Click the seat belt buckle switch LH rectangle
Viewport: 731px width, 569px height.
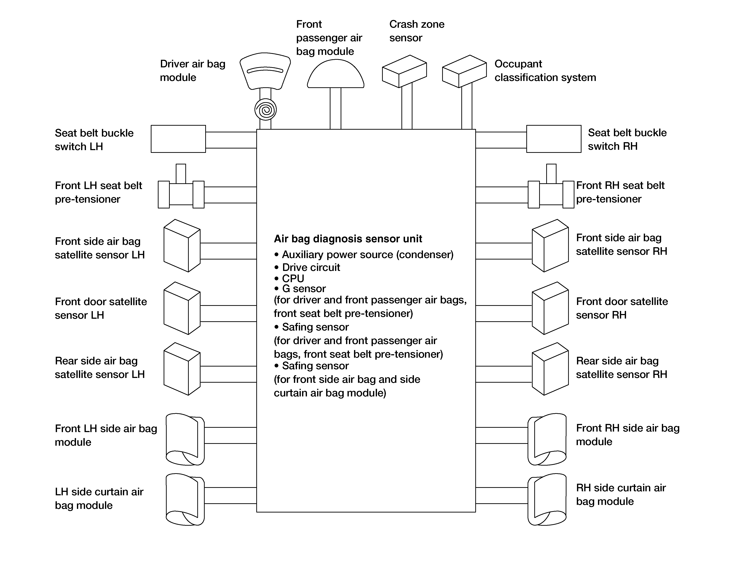coord(178,139)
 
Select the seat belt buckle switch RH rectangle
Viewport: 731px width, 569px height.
coord(554,139)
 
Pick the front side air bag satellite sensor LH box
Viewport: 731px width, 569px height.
coord(182,246)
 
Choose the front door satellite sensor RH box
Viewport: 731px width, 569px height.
coord(550,308)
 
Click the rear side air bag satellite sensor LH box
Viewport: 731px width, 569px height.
coord(182,369)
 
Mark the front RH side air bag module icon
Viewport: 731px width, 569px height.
coord(547,439)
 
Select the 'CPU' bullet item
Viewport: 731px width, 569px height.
coord(289,278)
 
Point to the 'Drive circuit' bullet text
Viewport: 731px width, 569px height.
coord(307,267)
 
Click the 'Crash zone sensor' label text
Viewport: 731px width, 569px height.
coord(417,31)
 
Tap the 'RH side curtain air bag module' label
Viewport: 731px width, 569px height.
coord(621,494)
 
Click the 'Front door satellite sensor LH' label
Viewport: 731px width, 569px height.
coord(101,308)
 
